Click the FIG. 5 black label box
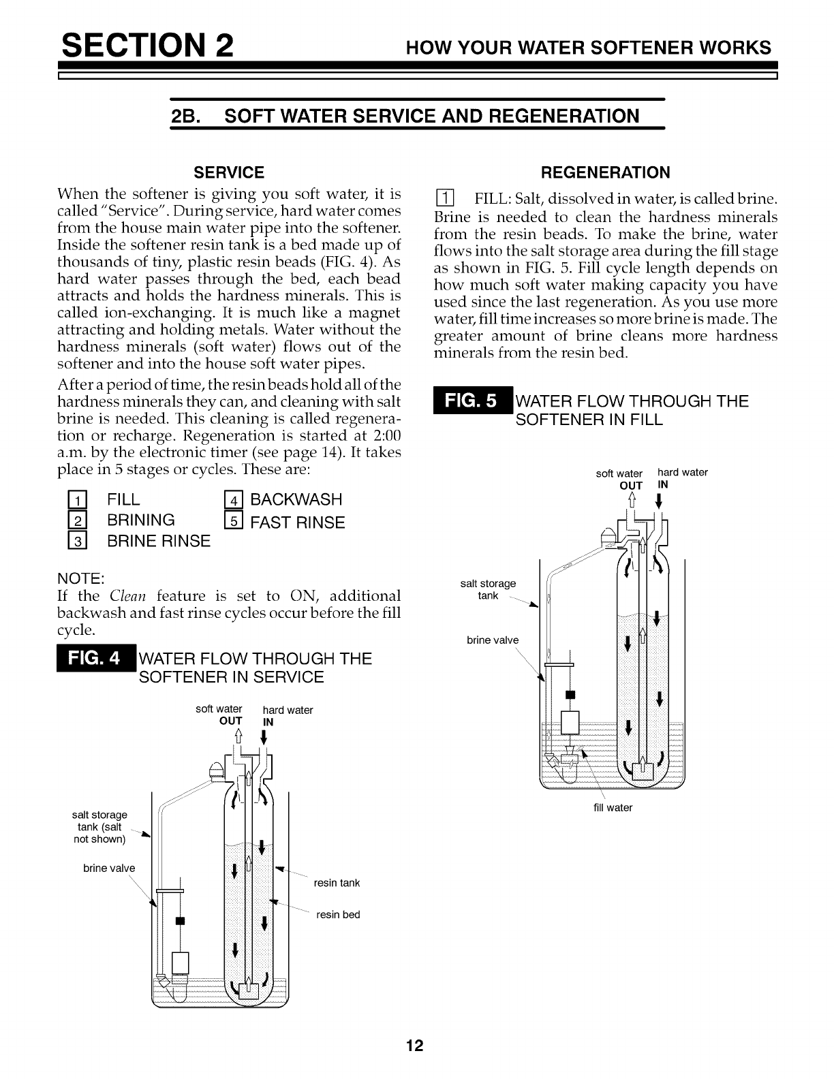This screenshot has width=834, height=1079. click(471, 401)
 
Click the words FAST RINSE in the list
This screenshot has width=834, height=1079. click(298, 523)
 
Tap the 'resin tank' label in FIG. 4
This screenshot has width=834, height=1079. click(337, 883)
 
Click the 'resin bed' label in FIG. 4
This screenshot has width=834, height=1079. click(338, 914)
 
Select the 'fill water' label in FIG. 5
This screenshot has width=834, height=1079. click(613, 808)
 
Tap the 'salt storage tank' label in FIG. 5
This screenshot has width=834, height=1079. click(489, 589)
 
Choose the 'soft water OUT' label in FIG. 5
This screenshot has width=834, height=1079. click(620, 479)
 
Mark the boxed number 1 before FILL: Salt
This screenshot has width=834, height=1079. click(444, 200)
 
